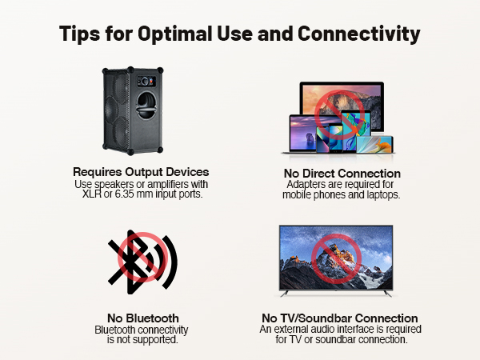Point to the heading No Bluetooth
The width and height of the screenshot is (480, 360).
coord(142,318)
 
